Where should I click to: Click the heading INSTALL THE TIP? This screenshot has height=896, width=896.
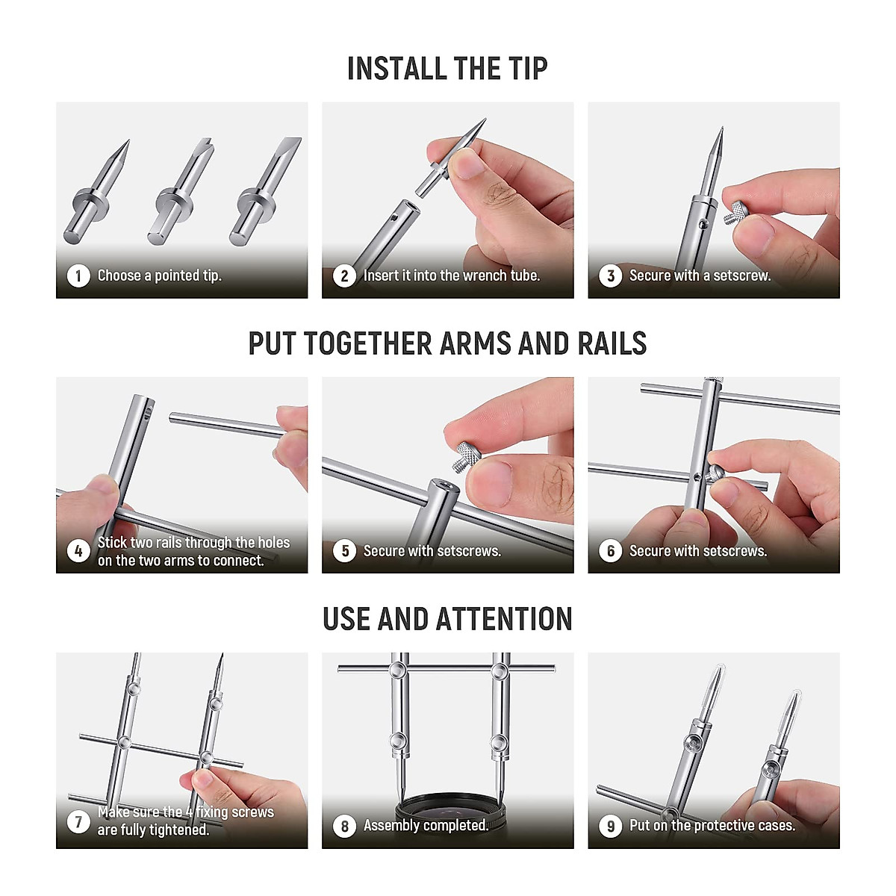click(447, 69)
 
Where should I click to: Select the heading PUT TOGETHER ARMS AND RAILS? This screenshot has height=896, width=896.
click(447, 343)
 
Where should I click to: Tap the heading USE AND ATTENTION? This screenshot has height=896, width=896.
click(447, 619)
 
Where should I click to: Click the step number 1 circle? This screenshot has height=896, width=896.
click(78, 276)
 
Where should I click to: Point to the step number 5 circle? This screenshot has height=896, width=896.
click(344, 551)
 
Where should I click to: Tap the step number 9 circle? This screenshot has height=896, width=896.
click(610, 826)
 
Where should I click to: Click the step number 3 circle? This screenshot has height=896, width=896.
click(610, 276)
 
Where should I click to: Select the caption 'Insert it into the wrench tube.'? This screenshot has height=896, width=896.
click(451, 276)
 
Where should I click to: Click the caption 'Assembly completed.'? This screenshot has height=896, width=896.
click(426, 826)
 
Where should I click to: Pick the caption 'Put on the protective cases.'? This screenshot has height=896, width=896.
click(712, 826)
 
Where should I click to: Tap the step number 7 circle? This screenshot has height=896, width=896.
click(78, 821)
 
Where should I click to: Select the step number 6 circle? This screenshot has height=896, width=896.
click(610, 551)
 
